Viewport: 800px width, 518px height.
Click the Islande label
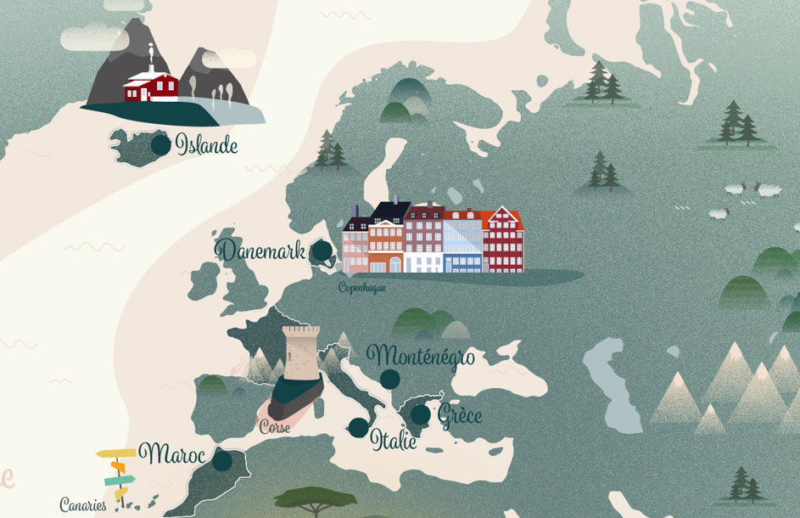(x=206, y=145)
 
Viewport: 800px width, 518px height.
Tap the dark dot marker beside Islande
(x=160, y=145)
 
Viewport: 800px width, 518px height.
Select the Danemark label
(x=260, y=251)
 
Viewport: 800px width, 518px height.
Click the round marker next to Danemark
(x=322, y=251)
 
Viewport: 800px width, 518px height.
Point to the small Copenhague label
(x=362, y=287)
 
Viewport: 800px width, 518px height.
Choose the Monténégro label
(x=420, y=356)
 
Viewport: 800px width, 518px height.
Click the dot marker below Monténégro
(x=389, y=380)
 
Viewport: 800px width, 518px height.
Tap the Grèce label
(x=460, y=415)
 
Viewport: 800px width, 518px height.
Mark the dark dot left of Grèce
(x=420, y=414)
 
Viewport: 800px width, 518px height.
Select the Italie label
(x=394, y=440)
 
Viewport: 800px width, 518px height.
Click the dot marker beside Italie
(x=359, y=427)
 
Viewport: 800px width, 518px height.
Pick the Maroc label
(x=172, y=454)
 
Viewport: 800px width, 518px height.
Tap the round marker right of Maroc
(x=221, y=461)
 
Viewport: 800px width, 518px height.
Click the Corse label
(x=275, y=427)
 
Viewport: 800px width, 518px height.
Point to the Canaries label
(x=83, y=505)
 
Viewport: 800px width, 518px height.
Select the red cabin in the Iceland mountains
(x=151, y=86)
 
